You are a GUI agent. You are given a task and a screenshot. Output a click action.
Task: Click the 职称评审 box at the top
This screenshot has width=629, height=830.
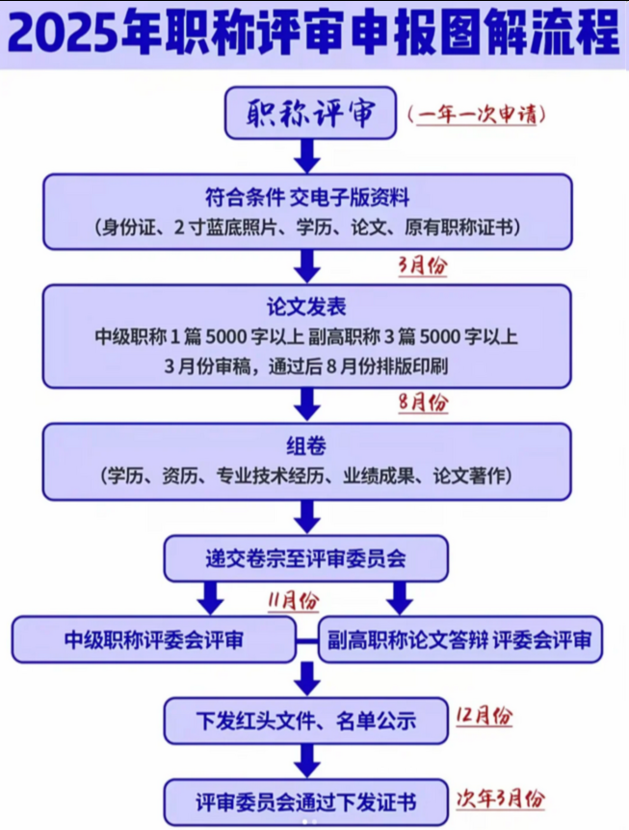coord(310,114)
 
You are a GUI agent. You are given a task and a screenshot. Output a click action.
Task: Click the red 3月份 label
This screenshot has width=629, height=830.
coord(423,266)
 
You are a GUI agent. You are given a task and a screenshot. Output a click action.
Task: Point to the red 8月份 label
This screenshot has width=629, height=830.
coord(423,402)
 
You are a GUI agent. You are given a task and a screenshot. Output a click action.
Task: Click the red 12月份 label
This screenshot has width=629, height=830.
coord(482,716)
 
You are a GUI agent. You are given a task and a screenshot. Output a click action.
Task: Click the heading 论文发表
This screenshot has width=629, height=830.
coord(307,307)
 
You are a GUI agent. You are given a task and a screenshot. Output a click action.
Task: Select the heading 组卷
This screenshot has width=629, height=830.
coord(307,446)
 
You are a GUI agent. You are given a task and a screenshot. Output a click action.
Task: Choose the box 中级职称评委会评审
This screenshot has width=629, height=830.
coord(153,639)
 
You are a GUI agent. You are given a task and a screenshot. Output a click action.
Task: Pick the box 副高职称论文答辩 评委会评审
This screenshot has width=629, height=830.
coord(459,639)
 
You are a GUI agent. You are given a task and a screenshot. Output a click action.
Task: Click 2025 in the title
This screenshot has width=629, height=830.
coord(64,35)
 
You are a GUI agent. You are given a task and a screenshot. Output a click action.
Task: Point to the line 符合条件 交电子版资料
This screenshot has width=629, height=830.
coord(307,197)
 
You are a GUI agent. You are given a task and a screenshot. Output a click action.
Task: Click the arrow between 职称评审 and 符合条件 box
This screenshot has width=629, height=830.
coord(307,154)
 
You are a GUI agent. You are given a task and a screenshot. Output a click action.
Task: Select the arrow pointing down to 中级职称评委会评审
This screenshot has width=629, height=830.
coord(209,598)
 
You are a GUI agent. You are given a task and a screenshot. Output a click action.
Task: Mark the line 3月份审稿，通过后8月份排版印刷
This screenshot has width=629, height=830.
coord(307,366)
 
